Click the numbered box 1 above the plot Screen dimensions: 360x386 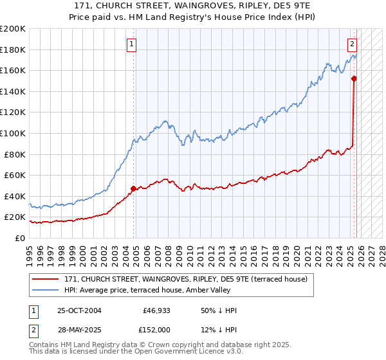[131, 44]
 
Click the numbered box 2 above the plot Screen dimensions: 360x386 [353, 44]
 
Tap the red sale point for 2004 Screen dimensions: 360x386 [134, 189]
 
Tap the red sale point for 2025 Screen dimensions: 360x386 [354, 78]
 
